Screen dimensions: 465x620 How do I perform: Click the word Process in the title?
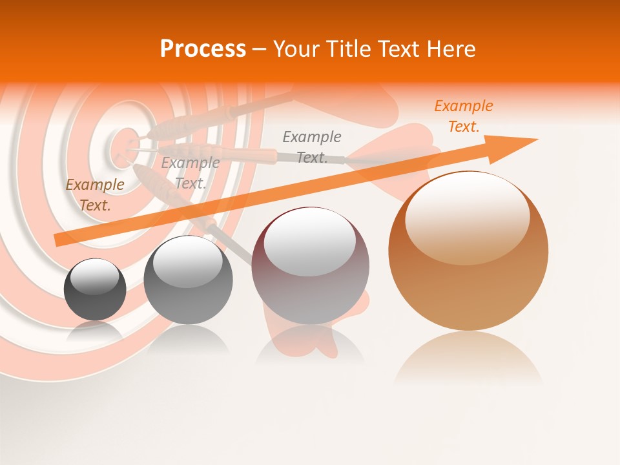[203, 49]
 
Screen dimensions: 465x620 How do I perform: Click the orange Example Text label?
[463, 116]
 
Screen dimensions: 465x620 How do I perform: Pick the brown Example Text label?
[95, 194]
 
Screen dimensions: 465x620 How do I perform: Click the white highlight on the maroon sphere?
[309, 241]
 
